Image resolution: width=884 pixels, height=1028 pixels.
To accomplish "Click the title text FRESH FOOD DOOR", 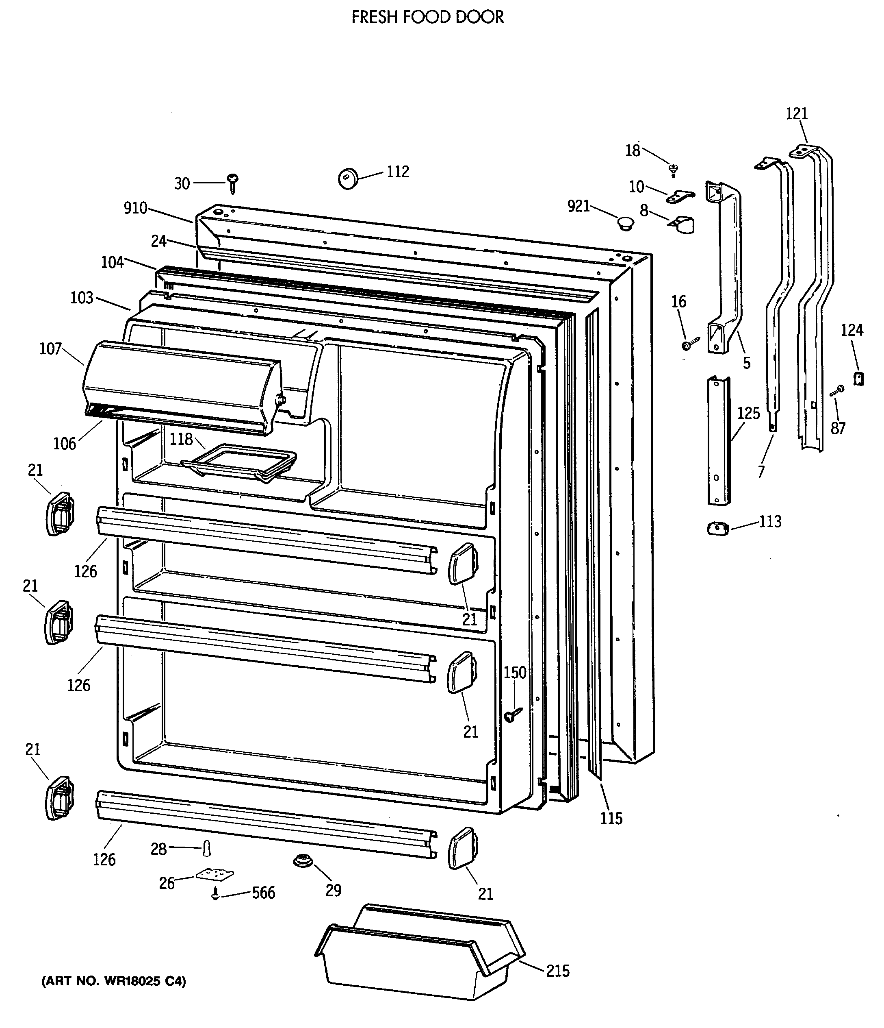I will [427, 17].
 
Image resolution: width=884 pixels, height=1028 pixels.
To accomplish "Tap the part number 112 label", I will [398, 172].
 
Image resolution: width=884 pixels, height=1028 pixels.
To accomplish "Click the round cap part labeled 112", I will [348, 178].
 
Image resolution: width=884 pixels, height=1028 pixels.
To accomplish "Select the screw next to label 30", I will [232, 183].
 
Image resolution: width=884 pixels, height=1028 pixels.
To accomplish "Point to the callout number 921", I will [578, 207].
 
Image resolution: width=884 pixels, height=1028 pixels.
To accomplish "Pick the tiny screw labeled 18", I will [673, 170].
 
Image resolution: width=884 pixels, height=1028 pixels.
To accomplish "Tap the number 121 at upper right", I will [797, 113].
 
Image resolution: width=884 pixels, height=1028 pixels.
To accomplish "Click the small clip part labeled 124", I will [858, 379].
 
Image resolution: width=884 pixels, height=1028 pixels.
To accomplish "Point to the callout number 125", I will [748, 413].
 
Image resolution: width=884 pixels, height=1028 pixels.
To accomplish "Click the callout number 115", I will [611, 818].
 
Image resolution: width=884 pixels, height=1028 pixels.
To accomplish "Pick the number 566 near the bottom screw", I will [263, 893].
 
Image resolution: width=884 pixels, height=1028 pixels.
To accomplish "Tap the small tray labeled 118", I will [239, 462].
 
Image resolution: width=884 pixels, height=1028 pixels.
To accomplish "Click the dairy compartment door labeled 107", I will [181, 387].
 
